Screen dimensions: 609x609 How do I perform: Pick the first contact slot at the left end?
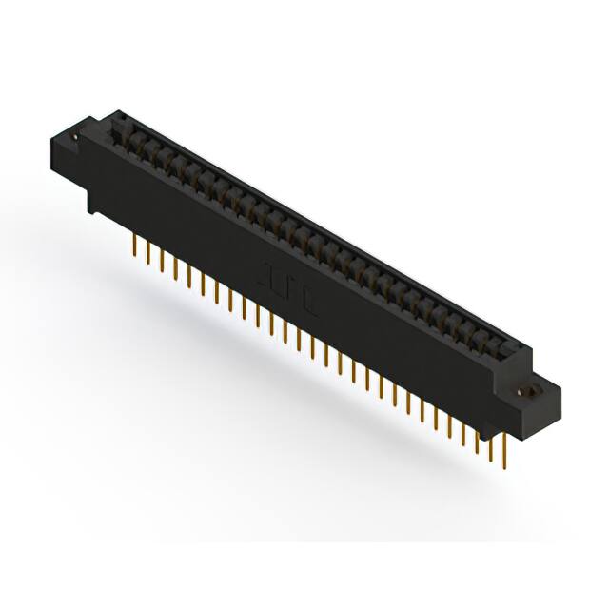[x=124, y=133]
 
